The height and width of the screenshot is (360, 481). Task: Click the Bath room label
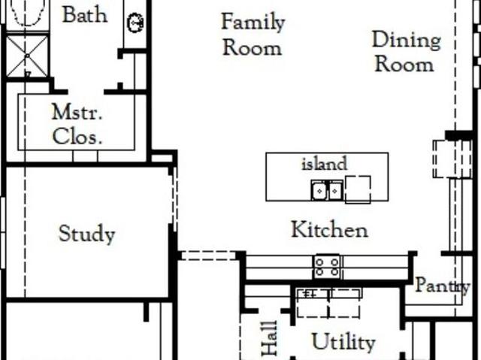85,14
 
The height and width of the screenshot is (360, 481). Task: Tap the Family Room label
253,35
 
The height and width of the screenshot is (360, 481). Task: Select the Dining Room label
407,52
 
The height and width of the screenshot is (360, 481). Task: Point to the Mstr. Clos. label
77,124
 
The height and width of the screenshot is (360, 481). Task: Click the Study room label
87,234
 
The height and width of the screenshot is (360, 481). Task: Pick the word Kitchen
329,229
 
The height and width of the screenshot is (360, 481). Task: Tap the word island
325,163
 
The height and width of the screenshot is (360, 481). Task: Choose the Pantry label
443,286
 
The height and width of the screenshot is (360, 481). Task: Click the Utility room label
343,341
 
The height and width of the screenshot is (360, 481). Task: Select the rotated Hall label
270,338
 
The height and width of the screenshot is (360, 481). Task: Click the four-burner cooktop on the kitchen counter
327,267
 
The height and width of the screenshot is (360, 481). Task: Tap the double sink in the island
327,190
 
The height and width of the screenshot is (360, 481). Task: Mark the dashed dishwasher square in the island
358,189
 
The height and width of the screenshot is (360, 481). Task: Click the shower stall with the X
27,56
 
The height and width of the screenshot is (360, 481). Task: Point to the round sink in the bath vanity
135,23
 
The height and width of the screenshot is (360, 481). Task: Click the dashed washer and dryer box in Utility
328,304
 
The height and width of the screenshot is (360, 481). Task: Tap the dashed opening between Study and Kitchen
209,256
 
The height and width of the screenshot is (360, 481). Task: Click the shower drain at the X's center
27,56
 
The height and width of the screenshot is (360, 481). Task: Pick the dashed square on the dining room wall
452,159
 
